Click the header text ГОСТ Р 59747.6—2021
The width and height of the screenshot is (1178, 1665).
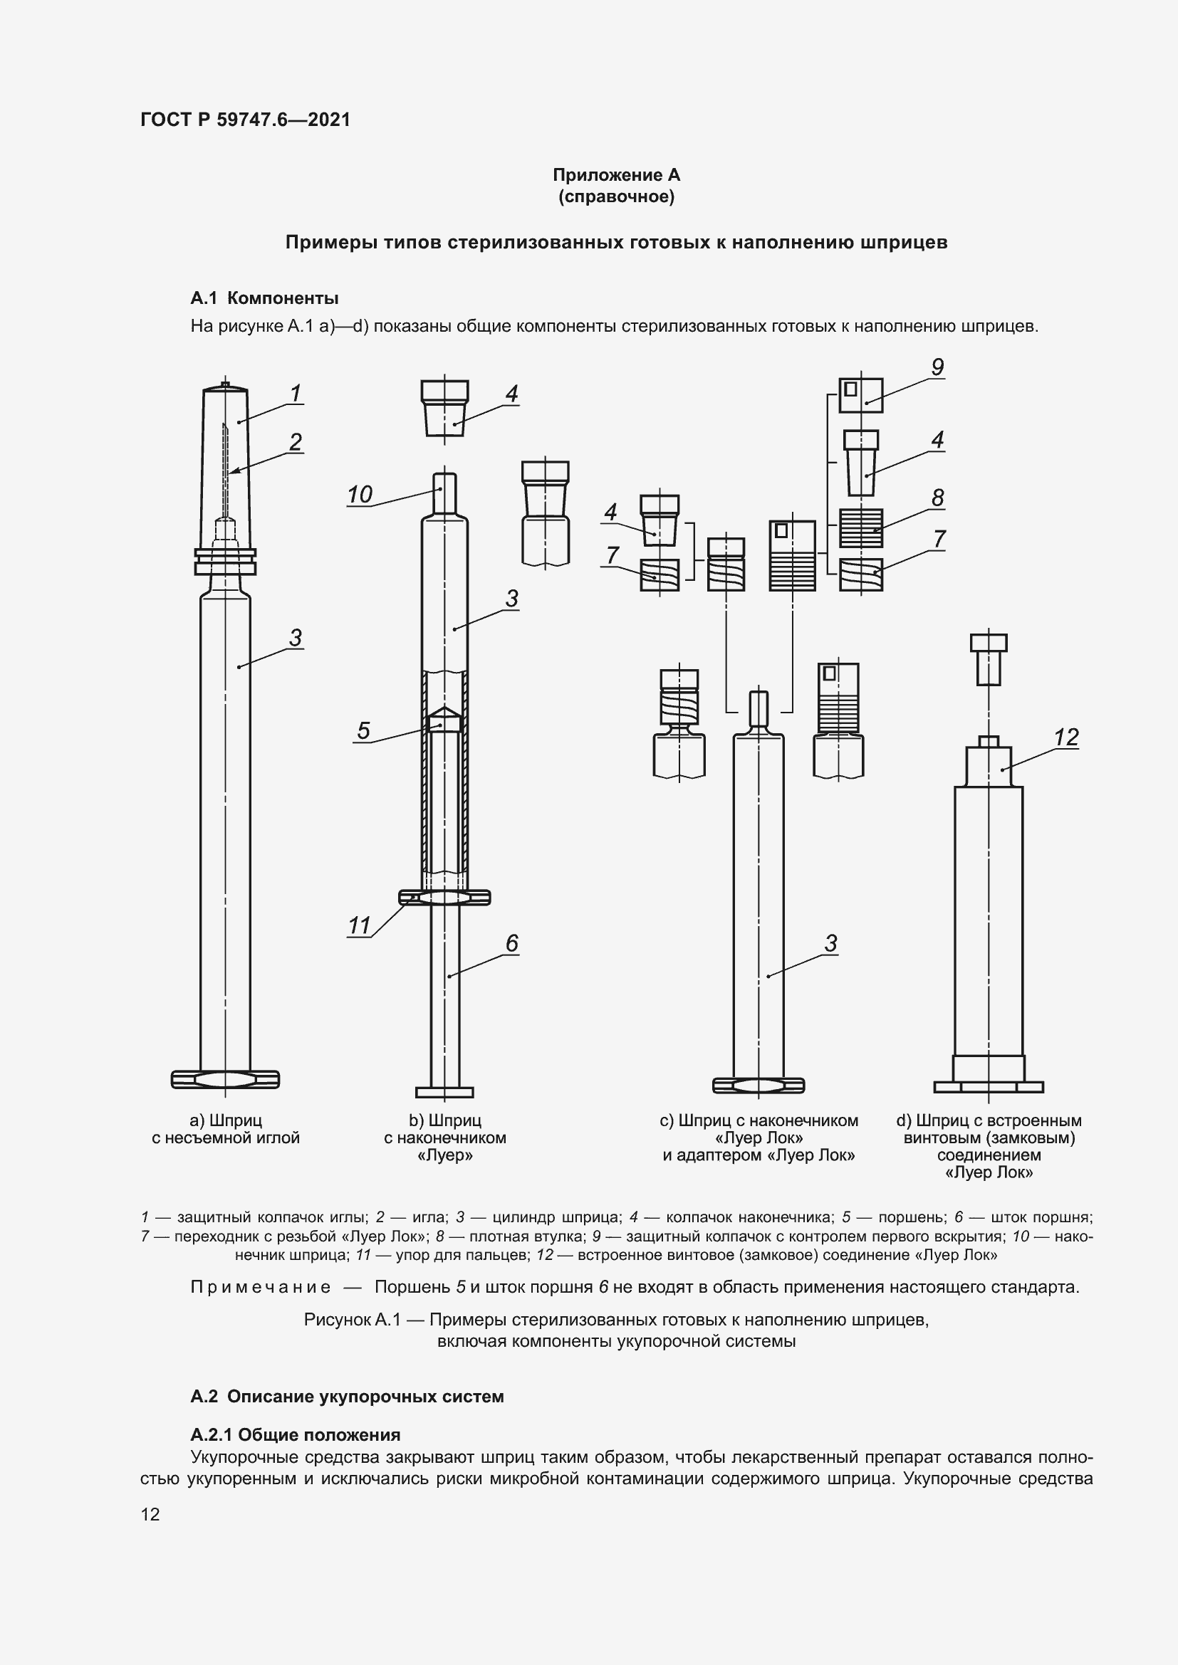click(x=245, y=120)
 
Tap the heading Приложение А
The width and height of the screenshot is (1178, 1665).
click(x=616, y=175)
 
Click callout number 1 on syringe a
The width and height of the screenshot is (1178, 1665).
click(x=296, y=393)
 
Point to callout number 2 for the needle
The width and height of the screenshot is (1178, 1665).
click(x=296, y=441)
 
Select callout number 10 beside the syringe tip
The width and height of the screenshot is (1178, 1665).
click(x=359, y=495)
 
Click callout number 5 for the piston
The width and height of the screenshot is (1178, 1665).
click(x=363, y=730)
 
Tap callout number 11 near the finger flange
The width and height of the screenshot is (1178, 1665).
click(x=359, y=926)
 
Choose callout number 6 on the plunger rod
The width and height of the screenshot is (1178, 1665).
click(x=511, y=942)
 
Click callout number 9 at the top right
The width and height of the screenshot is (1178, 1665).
click(x=937, y=367)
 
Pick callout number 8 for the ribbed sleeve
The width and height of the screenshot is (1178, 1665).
click(x=937, y=498)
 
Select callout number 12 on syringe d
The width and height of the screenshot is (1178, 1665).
click(x=1065, y=737)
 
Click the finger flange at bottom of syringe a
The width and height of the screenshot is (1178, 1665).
click(x=225, y=1080)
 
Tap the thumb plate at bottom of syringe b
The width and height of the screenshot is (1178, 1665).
click(x=444, y=1092)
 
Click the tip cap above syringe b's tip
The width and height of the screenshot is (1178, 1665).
click(x=444, y=408)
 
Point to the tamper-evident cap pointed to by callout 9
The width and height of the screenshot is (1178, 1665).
click(x=860, y=395)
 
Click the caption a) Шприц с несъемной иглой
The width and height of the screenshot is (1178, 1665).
click(x=225, y=1129)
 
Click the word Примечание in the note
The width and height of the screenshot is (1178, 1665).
click(x=261, y=1287)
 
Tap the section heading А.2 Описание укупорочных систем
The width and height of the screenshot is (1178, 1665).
click(x=347, y=1397)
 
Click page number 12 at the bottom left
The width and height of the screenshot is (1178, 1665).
click(x=150, y=1514)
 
